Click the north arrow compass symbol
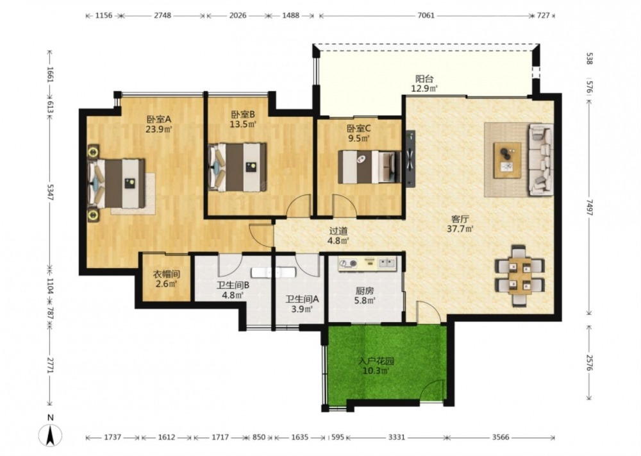[x=50, y=435]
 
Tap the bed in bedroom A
[x=117, y=183]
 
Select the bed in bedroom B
[x=238, y=167]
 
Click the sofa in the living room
[x=541, y=160]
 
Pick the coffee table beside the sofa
[x=507, y=160]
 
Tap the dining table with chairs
[x=520, y=276]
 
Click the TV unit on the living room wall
[x=410, y=158]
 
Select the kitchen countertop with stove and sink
[x=367, y=264]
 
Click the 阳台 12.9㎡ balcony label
[x=424, y=83]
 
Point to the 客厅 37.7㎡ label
[x=460, y=224]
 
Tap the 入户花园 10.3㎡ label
[x=376, y=366]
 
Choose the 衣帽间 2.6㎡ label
[x=167, y=278]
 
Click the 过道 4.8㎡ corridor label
[x=338, y=236]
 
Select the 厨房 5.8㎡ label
[x=365, y=296]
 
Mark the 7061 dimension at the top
[x=426, y=15]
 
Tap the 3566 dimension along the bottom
[x=501, y=437]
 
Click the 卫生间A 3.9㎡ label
[x=302, y=304]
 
